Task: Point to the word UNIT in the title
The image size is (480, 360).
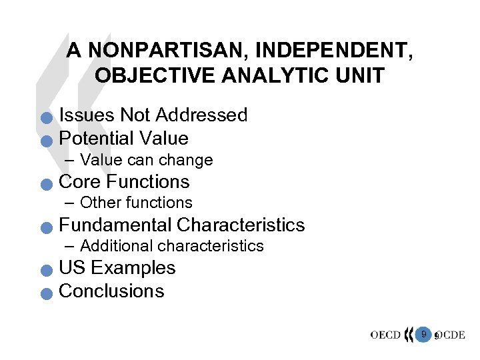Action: click(x=362, y=75)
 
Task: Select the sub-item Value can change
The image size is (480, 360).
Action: click(x=146, y=160)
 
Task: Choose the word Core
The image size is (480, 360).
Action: click(x=80, y=181)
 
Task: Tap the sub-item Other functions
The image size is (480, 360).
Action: click(x=136, y=203)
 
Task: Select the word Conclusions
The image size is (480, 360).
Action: click(x=111, y=291)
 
